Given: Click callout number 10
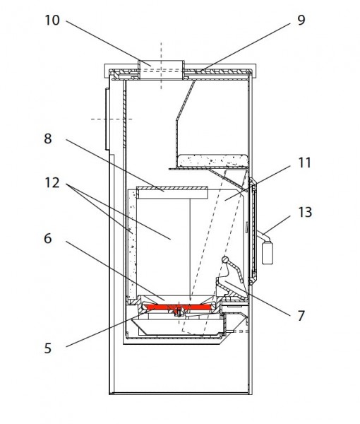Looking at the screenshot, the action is pos(52,20).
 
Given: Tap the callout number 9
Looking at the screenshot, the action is pos(301,20).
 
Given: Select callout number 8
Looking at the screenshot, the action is pos(48,139).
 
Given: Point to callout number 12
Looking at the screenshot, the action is pos(52,183).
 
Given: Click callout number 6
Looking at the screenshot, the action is pos(48,239).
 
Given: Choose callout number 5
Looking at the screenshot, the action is pos(48,348).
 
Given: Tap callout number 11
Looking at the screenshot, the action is pos(305,163).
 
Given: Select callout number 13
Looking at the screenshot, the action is pos(305,212).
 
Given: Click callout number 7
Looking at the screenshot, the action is pos(301,316).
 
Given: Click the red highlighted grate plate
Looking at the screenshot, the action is pos(177,307).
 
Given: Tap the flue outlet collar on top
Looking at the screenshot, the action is pos(161,70).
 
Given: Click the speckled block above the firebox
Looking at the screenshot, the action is pos(213,160).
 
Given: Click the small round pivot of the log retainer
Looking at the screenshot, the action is pos(225,259).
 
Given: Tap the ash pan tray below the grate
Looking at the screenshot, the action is pos(179,327).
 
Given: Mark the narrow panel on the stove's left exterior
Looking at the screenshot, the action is pos(107,119).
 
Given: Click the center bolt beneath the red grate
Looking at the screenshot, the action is pos(179,312).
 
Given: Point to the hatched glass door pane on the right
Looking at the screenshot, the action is pos(253,232).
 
